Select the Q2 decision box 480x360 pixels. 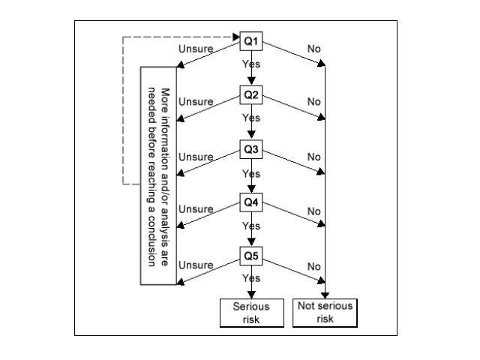click(250, 95)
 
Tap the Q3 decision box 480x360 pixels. click(250, 148)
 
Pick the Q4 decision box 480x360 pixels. click(250, 202)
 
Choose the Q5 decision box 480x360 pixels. click(250, 256)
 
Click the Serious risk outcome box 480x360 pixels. click(246, 313)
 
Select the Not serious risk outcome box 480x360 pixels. click(325, 313)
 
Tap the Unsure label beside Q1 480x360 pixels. click(196, 49)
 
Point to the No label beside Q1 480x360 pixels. click(313, 49)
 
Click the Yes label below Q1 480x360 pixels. click(250, 64)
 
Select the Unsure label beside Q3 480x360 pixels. click(196, 157)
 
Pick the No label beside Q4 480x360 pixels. click(313, 211)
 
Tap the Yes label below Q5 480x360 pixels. click(250, 278)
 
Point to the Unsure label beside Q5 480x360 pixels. click(196, 265)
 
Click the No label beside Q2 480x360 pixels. click(313, 102)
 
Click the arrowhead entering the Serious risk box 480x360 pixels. click(250, 295)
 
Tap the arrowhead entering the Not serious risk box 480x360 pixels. click(325, 295)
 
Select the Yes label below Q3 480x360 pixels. click(250, 172)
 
